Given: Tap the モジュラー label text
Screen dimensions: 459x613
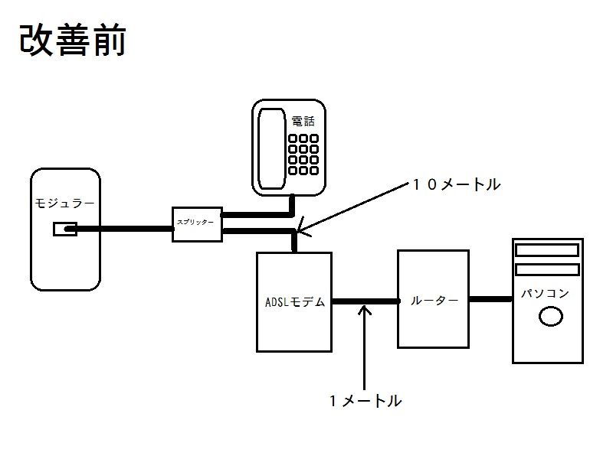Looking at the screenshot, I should click(65, 203).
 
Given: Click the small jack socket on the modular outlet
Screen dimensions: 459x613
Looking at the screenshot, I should click(64, 229).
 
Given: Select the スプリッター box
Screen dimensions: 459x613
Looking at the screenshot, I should click(197, 223).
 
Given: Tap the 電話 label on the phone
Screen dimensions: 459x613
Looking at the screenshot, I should click(303, 122).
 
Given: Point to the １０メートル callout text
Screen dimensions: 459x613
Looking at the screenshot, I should click(456, 184).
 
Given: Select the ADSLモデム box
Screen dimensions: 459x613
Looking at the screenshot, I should click(294, 301).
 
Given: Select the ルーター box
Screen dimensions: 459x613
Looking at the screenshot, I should click(433, 298).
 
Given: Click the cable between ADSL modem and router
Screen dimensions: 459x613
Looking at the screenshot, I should click(365, 302).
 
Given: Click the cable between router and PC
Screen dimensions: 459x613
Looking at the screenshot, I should click(490, 299).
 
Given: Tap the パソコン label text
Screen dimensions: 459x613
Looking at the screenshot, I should click(546, 293).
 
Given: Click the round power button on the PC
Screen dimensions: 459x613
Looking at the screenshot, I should click(551, 316).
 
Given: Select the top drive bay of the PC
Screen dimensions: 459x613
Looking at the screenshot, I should click(547, 250).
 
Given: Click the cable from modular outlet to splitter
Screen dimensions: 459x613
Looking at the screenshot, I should click(123, 228).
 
